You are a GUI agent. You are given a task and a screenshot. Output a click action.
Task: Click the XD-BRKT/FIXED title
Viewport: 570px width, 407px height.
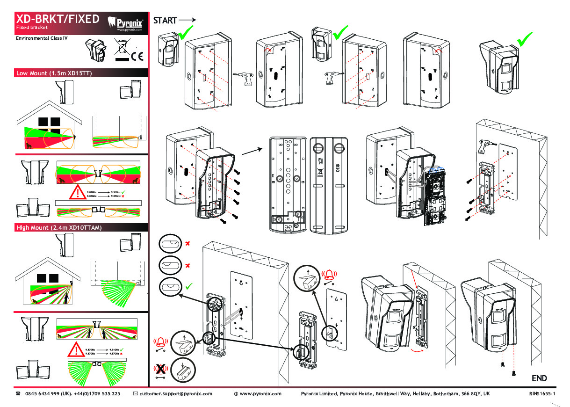[58, 19]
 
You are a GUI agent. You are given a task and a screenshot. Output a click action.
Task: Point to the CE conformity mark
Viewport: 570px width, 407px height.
[137, 57]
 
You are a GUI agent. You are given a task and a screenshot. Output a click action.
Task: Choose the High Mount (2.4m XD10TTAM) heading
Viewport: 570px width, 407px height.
[58, 228]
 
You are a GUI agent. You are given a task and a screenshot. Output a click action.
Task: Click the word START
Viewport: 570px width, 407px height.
[165, 21]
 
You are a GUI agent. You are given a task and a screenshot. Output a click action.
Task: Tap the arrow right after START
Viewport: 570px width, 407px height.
[187, 20]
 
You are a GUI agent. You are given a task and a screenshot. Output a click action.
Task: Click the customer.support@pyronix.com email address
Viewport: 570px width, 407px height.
[175, 394]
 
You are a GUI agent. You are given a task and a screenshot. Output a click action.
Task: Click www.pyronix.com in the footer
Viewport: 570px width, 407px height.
[260, 394]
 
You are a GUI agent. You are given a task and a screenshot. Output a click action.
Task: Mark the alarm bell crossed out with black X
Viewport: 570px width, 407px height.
[161, 370]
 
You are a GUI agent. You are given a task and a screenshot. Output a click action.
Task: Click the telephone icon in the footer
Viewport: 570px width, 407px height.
[18, 394]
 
